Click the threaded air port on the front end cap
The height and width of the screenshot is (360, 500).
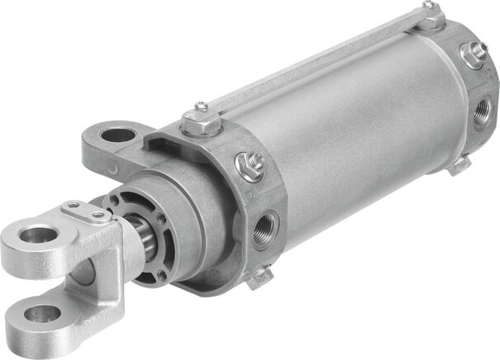click(267, 224)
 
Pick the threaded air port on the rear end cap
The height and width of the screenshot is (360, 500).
click(483, 108)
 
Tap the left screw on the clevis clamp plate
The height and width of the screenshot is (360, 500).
click(74, 206)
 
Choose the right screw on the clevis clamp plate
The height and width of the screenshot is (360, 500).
click(100, 216)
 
